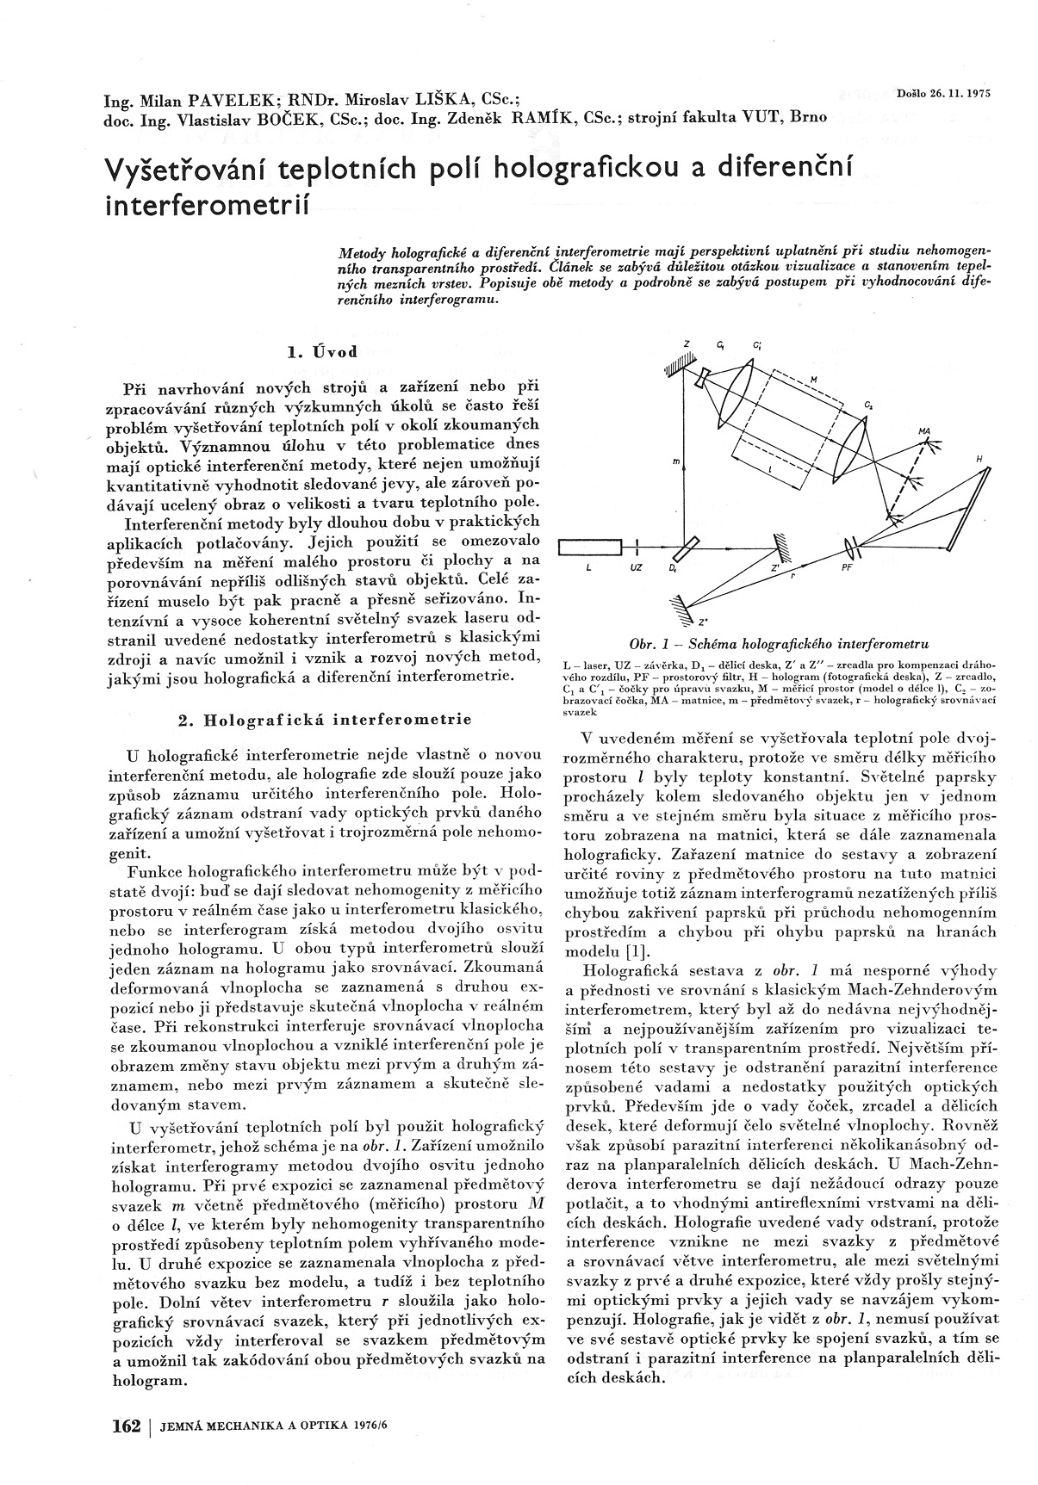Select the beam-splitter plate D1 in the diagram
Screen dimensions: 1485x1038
tap(687, 547)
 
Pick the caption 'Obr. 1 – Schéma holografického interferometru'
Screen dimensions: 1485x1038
tap(779, 643)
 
